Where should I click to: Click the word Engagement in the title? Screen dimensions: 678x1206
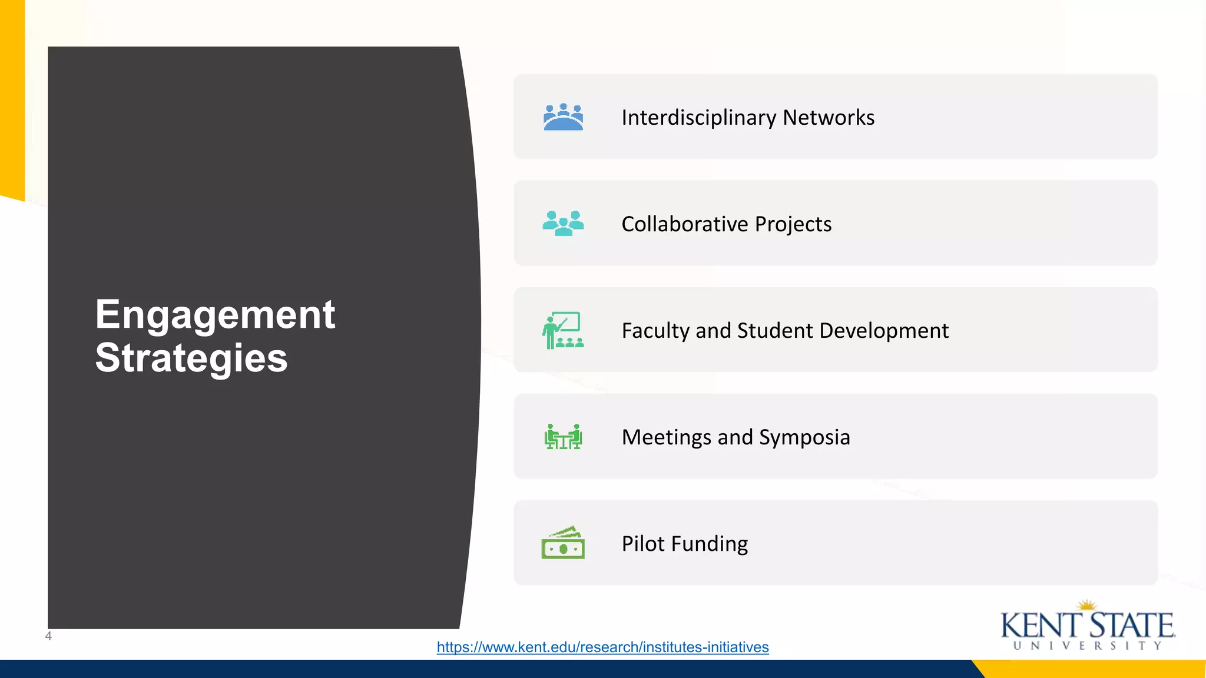[x=215, y=315]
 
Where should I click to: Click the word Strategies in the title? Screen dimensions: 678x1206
[x=191, y=358]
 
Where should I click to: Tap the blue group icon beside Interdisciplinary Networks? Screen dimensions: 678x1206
[x=563, y=117]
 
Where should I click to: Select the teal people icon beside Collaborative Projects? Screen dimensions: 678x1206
[x=563, y=224]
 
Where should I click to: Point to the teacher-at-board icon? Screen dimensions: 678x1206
[x=563, y=330]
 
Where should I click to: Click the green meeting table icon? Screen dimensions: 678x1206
[x=563, y=437]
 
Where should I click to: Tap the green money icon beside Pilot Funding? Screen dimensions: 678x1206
[x=563, y=543]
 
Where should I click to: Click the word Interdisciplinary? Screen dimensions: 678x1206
[x=698, y=118]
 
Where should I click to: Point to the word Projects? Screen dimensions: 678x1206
[x=793, y=224]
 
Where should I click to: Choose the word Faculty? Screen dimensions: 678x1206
[x=655, y=331]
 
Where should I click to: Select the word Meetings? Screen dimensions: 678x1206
[x=666, y=437]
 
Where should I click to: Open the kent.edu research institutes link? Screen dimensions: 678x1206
[x=602, y=647]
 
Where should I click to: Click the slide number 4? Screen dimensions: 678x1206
[x=48, y=636]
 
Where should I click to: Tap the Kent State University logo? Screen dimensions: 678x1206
[x=1088, y=626]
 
